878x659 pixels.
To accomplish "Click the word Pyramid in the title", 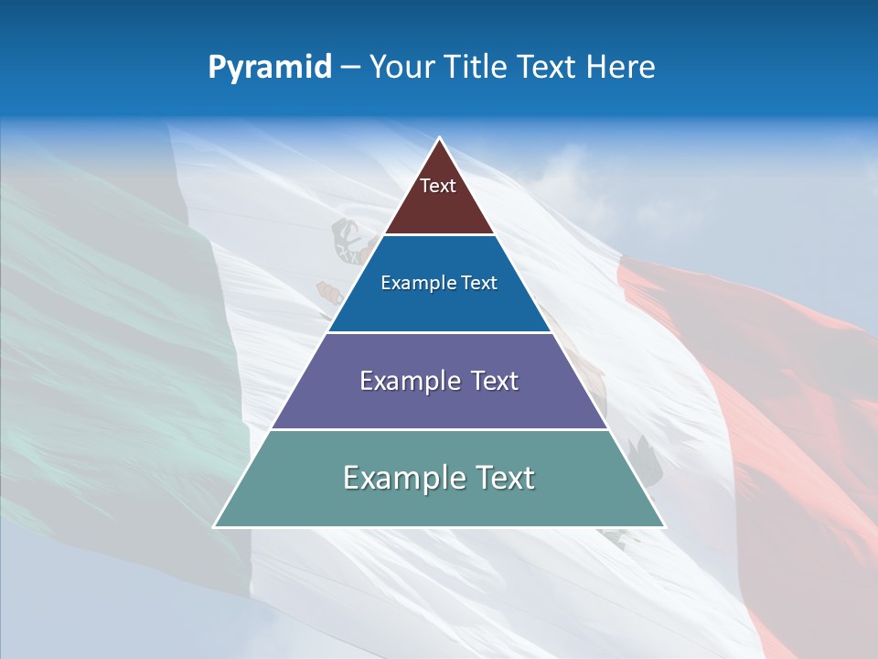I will [270, 68].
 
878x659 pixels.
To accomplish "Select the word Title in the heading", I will [476, 68].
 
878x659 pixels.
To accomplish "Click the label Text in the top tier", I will [438, 186].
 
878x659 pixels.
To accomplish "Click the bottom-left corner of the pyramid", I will [215, 526].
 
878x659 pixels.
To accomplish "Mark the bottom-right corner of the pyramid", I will [664, 526].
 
